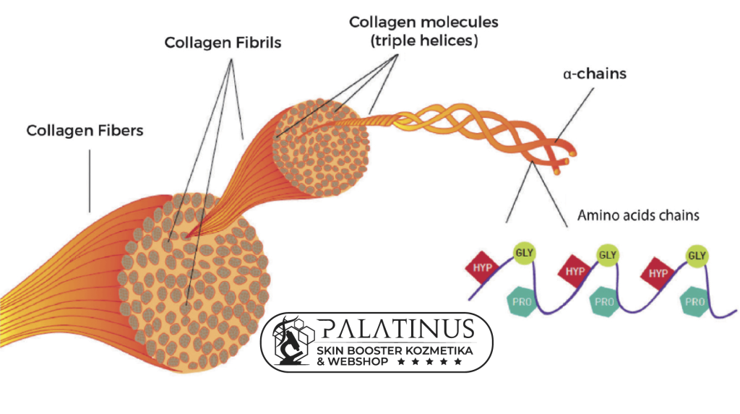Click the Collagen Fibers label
[85, 131]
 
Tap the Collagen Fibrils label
[223, 43]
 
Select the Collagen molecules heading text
[423, 22]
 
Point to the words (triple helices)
[423, 41]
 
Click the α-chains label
[595, 74]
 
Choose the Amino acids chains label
[638, 215]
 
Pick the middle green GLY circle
[607, 254]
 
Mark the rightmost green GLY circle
[697, 256]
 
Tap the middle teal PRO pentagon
[604, 301]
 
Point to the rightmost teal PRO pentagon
[694, 301]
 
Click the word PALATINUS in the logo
[396, 328]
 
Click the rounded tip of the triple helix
[573, 152]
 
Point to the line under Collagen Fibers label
[90, 181]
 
